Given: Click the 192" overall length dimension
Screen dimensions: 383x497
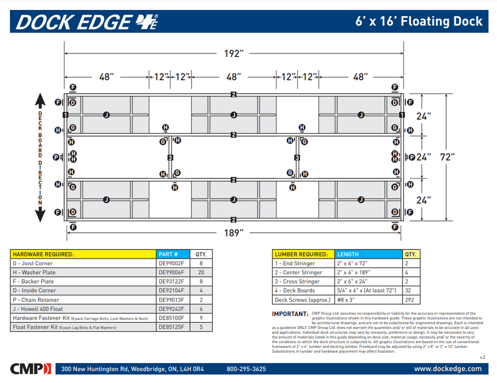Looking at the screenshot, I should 233,53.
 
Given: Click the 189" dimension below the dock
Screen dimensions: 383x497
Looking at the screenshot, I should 233,233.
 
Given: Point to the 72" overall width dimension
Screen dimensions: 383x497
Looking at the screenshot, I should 447,157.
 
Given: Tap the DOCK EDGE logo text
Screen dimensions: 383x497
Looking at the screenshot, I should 74,22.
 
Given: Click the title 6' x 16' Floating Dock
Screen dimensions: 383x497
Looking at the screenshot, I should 419,21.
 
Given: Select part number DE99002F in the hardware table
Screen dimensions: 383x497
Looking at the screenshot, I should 172,263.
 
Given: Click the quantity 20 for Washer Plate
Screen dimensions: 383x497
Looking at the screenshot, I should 201,272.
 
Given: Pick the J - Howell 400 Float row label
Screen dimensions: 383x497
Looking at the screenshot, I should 39,308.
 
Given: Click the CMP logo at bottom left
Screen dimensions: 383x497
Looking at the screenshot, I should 31,368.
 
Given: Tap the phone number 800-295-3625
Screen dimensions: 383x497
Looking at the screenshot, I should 246,369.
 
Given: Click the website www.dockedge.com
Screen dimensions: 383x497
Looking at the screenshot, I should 447,369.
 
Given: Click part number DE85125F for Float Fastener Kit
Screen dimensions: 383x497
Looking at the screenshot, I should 172,327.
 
